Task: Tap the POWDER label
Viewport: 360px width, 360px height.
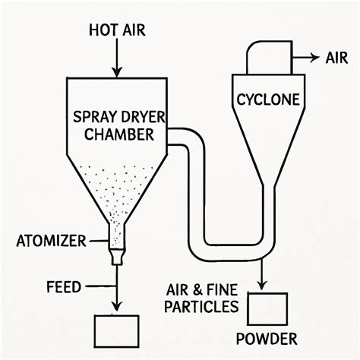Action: pos(266,338)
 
